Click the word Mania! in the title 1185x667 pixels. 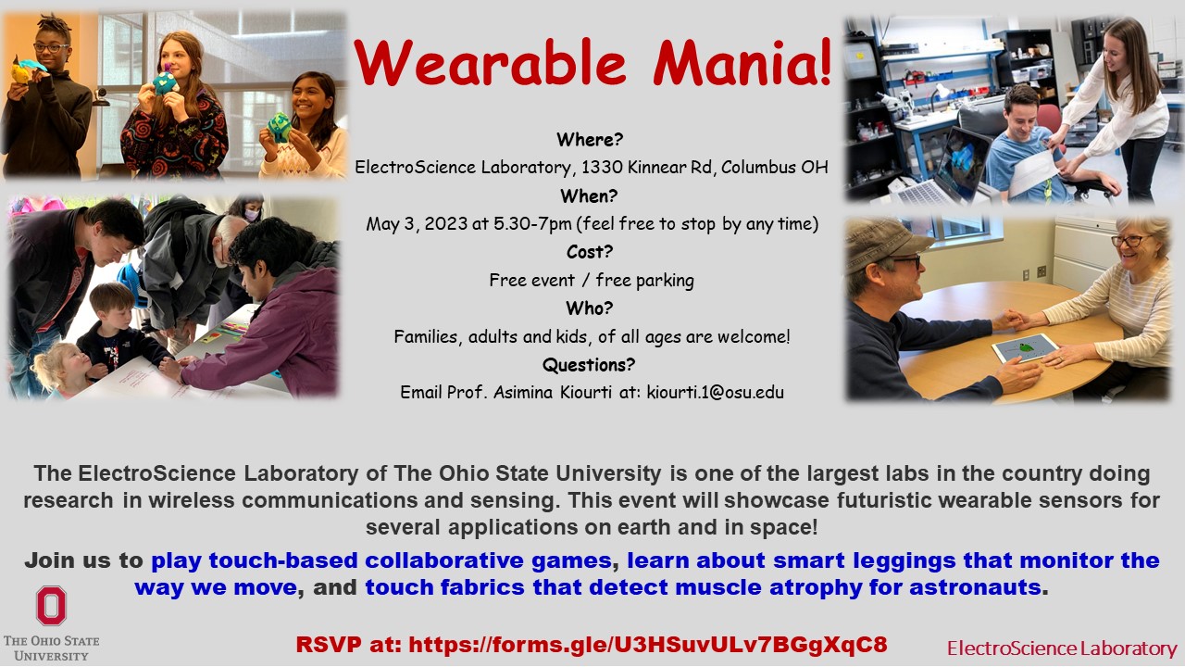click(x=742, y=62)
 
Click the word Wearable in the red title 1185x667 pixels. click(x=490, y=62)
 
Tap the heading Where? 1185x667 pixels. click(x=590, y=140)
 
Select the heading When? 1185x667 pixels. click(x=589, y=196)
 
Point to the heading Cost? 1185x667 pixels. click(x=590, y=252)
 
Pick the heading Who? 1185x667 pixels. click(x=590, y=308)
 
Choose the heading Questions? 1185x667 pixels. click(x=589, y=365)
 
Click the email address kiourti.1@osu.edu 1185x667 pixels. click(x=716, y=392)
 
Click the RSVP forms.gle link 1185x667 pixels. click(x=648, y=645)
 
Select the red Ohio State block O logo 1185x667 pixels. click(x=51, y=606)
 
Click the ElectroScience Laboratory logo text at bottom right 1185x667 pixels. click(x=1062, y=648)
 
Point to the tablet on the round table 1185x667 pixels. click(x=1025, y=348)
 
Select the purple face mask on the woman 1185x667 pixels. click(x=252, y=215)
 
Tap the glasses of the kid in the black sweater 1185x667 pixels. click(x=51, y=47)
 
